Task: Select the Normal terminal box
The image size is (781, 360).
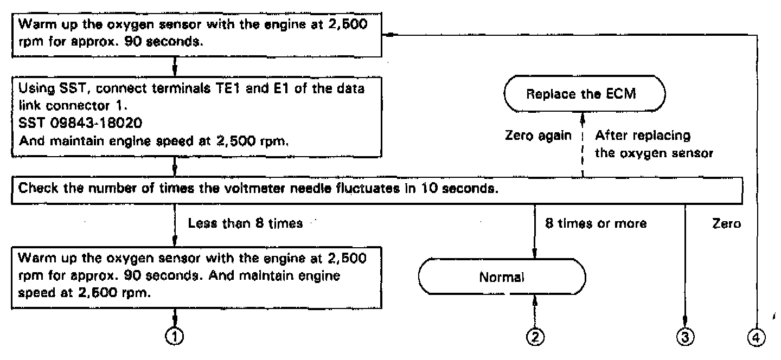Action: (502, 278)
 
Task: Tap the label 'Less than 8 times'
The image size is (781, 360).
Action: (245, 223)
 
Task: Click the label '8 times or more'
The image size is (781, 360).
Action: (596, 223)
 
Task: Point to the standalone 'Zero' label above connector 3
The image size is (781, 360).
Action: (727, 223)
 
